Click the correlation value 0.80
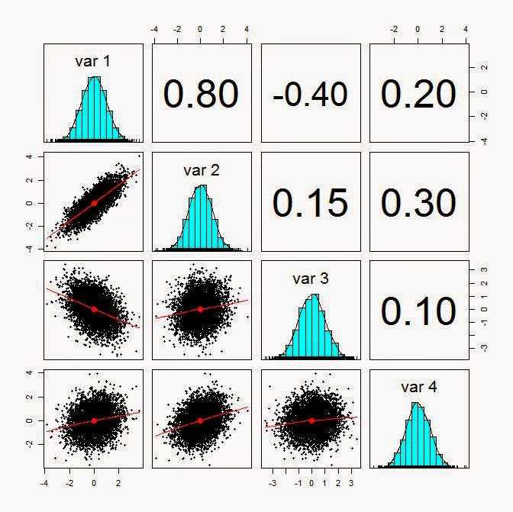[202, 92]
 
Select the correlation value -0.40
[310, 94]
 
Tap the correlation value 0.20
[418, 92]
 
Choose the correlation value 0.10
[418, 311]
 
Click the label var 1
[93, 60]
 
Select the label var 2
[202, 169]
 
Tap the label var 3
[310, 279]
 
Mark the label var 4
[418, 388]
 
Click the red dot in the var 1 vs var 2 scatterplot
[94, 203]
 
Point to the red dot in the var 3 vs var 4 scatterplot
[311, 420]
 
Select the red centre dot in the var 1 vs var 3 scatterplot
[94, 309]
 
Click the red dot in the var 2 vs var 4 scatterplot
[201, 420]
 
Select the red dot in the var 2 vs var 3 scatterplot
[201, 309]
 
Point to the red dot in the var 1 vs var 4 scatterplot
[94, 420]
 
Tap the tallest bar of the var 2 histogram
[201, 217]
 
